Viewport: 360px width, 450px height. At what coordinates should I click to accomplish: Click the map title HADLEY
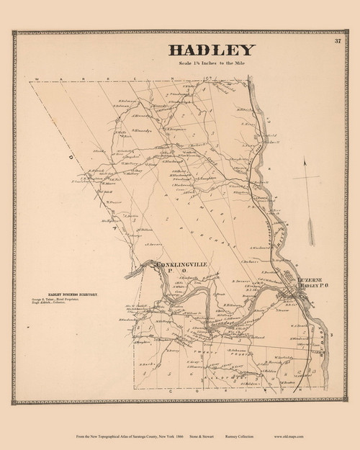point(212,50)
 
